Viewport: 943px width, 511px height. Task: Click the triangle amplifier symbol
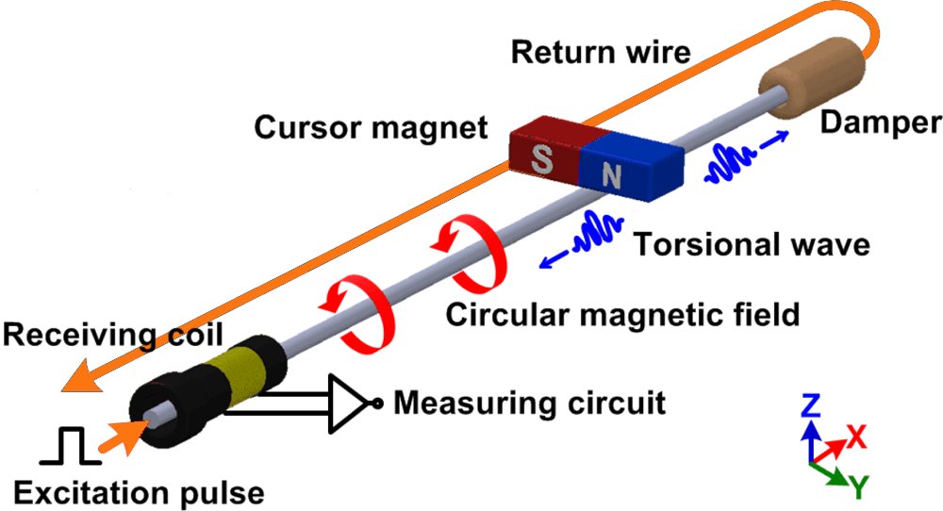348,404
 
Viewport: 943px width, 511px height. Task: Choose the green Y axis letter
859,486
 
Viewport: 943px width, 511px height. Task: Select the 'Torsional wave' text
751,244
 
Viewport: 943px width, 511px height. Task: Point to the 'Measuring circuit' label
529,404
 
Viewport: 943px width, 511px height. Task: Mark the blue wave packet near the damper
730,163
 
